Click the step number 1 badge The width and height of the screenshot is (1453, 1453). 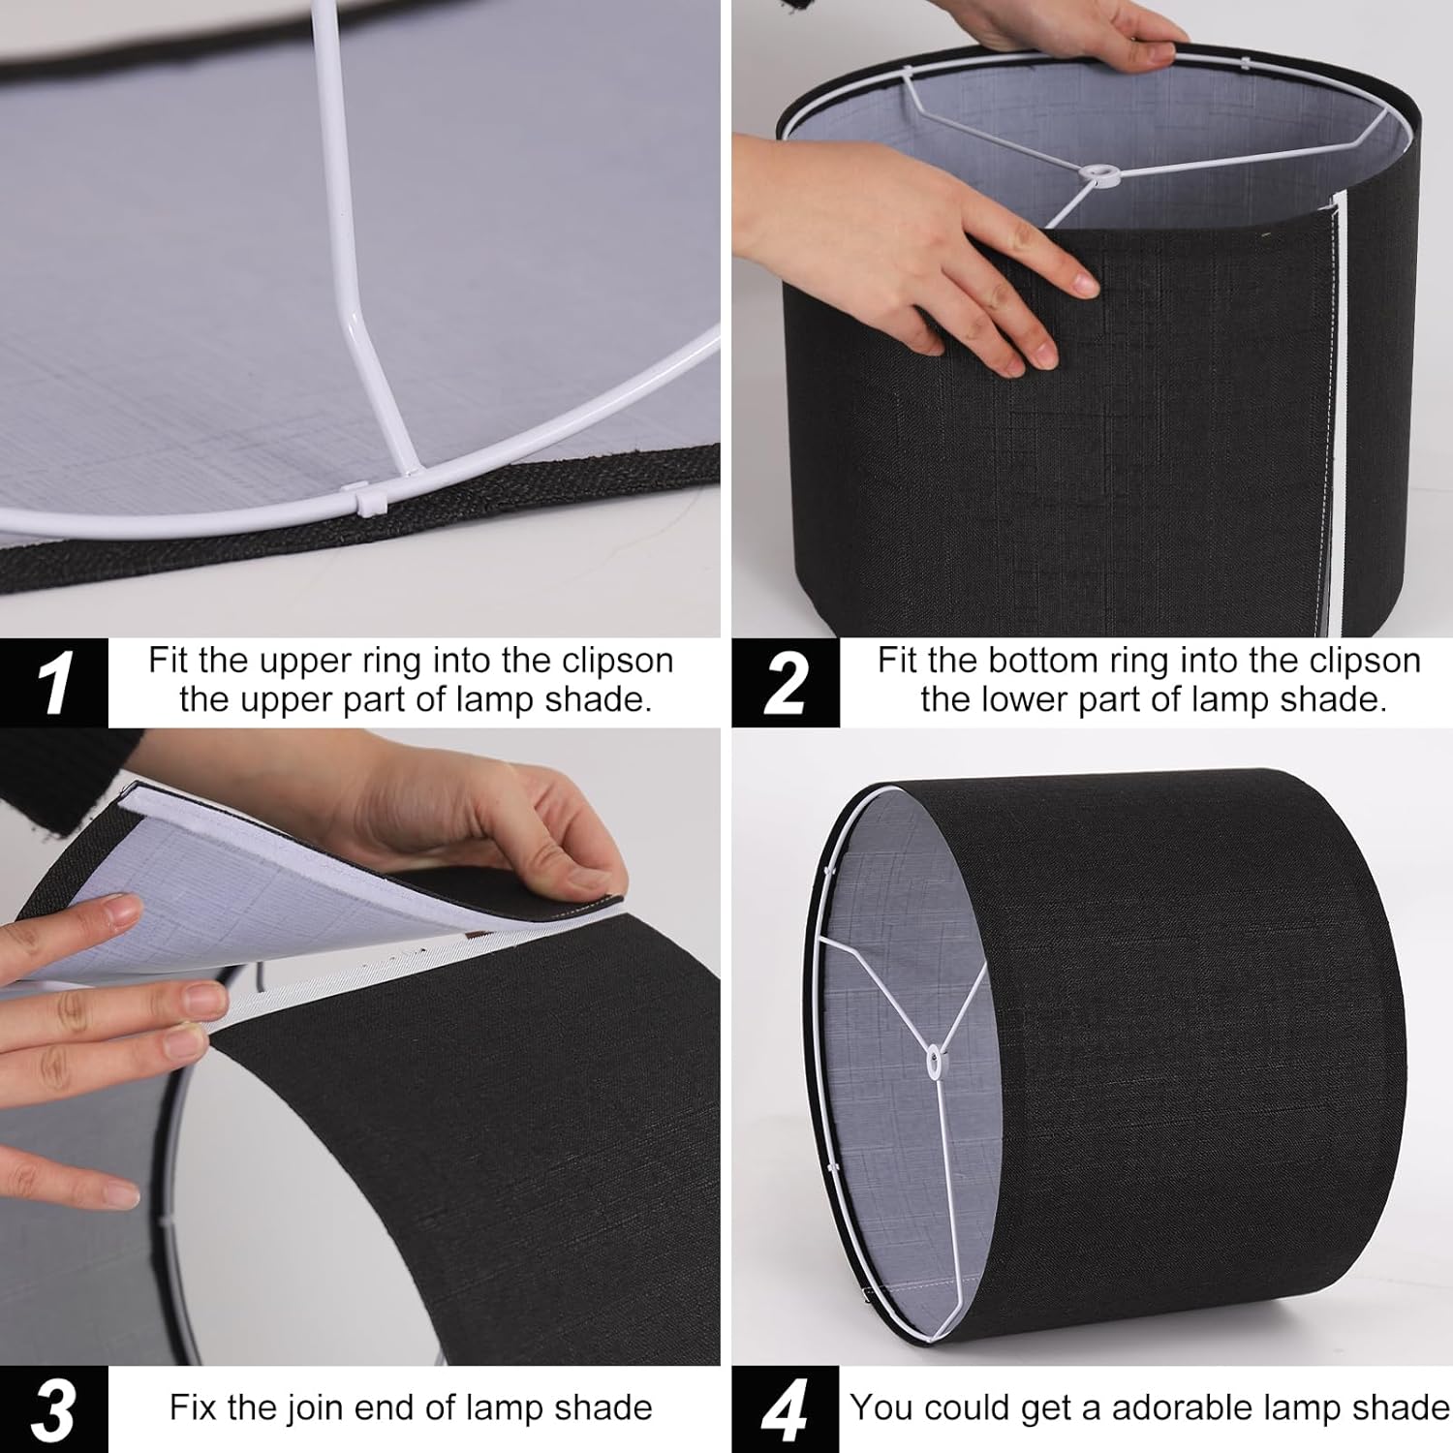(53, 683)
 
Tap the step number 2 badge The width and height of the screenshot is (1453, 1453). (785, 683)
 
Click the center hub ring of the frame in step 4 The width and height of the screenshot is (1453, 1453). (934, 1062)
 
